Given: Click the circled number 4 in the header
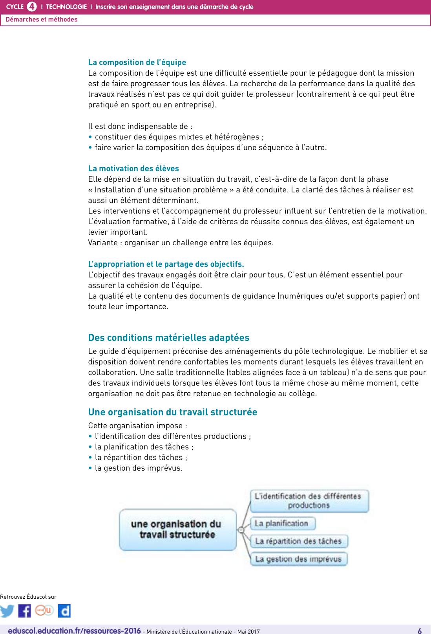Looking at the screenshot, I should (x=32, y=7).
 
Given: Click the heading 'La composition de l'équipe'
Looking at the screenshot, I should (x=137, y=62).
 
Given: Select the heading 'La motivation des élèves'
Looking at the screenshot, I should (x=133, y=168).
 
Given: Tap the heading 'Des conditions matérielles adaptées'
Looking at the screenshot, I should (x=169, y=338).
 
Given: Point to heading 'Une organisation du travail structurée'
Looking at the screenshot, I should (x=173, y=412).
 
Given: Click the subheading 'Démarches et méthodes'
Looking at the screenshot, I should (x=42, y=20).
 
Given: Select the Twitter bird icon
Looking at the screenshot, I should (x=7, y=611).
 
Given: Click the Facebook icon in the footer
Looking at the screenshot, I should (x=24, y=611).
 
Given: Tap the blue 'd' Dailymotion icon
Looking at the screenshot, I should (x=64, y=611).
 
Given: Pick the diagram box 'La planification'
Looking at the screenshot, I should (x=283, y=524).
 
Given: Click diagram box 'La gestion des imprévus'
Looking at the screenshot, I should (x=299, y=559).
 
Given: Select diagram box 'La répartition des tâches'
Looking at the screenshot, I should (x=299, y=542).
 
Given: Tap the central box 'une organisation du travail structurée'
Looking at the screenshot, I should (x=177, y=530).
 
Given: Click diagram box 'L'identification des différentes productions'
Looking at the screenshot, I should (x=309, y=501).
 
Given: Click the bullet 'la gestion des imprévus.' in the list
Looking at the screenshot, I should (x=139, y=468).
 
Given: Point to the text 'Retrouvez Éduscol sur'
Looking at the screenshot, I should (x=28, y=597).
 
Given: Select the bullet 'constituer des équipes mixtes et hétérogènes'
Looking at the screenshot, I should (x=179, y=137).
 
